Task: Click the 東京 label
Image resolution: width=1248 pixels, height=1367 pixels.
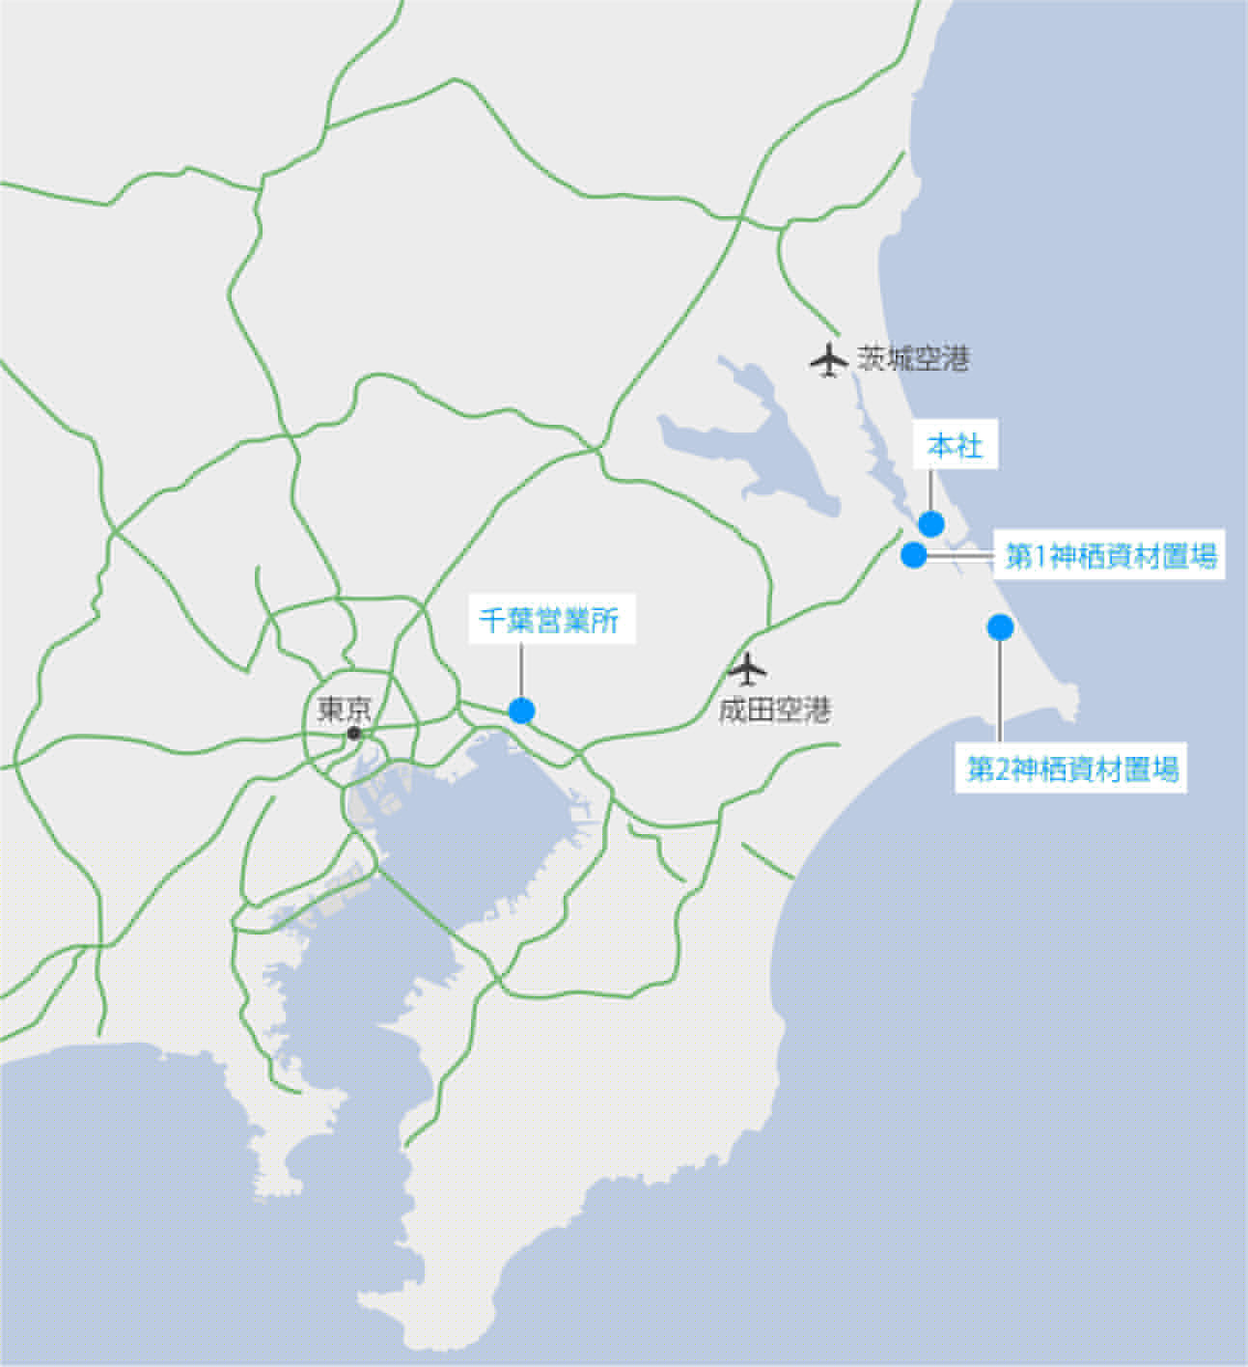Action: (x=344, y=711)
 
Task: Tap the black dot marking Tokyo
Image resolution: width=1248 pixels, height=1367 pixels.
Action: (x=354, y=734)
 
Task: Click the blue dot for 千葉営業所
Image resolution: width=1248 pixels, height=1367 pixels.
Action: (x=521, y=711)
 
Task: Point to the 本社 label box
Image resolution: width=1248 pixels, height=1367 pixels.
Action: (x=954, y=445)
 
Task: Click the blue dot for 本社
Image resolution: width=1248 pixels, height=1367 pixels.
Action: (x=930, y=523)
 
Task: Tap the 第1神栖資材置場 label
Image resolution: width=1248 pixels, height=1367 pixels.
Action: (x=1110, y=557)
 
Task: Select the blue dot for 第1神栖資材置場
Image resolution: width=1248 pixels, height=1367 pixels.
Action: (x=913, y=555)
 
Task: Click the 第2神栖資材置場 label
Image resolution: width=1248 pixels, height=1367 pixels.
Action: (x=1072, y=769)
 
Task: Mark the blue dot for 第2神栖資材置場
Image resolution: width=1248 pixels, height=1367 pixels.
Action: (x=1000, y=628)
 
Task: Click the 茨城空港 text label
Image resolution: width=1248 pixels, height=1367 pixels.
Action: (x=912, y=360)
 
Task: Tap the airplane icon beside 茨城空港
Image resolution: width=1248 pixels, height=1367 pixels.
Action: (x=827, y=360)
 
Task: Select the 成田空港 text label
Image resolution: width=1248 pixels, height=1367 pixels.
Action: (x=774, y=711)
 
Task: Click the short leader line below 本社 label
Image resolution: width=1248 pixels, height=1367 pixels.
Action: (x=930, y=488)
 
